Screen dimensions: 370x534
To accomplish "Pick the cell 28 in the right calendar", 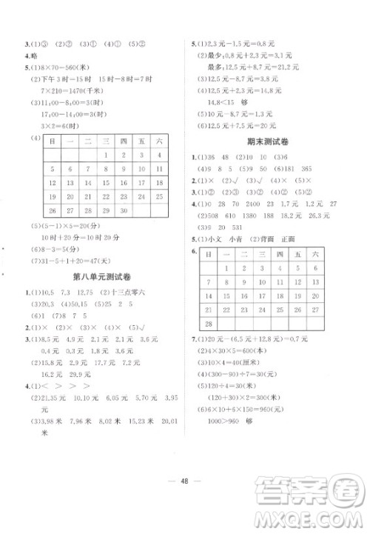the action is tap(209, 324).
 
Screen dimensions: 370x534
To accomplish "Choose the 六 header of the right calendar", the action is tap(316, 254).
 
